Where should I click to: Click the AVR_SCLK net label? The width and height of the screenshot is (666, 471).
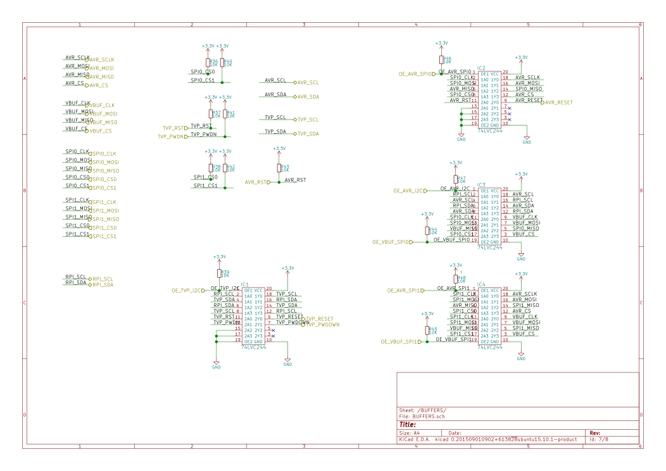101,60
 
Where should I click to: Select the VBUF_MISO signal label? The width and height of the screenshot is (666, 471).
102,122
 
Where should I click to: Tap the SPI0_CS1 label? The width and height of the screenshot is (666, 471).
104,188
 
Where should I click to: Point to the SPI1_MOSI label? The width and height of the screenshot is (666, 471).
104,211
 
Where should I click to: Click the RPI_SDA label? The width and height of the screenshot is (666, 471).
103,285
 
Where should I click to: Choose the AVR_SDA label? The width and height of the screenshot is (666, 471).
308,97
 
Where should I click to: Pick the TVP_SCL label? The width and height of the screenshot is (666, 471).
308,119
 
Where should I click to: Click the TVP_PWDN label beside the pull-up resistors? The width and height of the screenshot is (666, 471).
172,136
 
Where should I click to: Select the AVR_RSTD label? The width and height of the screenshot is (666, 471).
258,182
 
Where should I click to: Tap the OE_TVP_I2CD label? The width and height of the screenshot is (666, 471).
188,291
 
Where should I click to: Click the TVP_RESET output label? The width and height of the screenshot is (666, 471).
319,319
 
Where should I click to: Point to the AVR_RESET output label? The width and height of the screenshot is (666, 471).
558,103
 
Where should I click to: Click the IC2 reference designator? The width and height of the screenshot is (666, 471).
481,68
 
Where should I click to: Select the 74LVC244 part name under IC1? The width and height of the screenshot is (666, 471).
253,347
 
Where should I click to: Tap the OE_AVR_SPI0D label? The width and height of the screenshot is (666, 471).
417,74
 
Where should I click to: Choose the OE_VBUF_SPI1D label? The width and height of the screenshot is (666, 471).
401,342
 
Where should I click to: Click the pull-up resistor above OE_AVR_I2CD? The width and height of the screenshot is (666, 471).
455,180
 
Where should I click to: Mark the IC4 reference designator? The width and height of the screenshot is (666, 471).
481,284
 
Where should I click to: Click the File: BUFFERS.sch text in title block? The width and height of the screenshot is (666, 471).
422,417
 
